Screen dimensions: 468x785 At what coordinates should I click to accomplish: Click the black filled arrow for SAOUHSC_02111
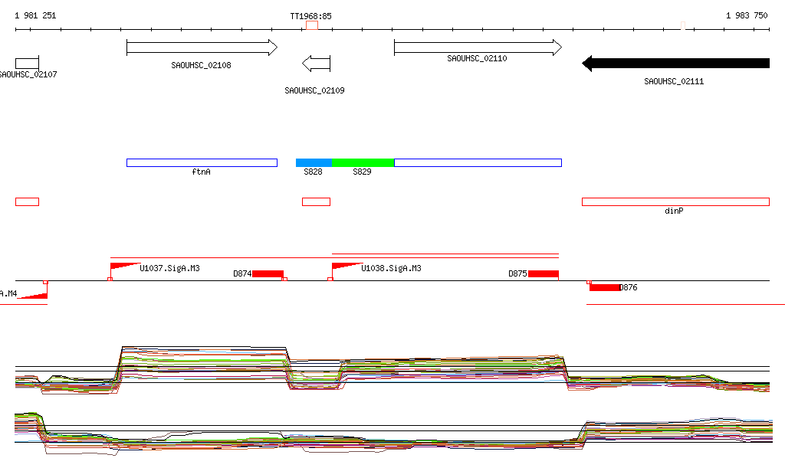tap(675, 63)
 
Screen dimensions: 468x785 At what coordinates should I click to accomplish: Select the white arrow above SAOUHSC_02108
tap(202, 47)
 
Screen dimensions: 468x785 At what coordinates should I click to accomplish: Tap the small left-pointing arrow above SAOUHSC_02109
tap(316, 63)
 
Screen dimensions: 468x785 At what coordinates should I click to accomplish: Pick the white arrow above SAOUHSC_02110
tap(478, 47)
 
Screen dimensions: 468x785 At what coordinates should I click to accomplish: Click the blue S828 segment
tap(314, 162)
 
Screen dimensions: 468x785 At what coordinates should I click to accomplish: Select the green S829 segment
tap(363, 162)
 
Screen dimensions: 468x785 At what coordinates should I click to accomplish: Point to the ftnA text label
tap(201, 172)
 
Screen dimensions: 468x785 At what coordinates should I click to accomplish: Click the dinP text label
tap(674, 211)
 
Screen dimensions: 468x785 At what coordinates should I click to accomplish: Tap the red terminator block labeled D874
tap(268, 274)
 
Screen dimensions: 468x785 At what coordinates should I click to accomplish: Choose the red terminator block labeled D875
tap(543, 274)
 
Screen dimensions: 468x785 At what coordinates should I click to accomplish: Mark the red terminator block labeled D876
tap(604, 287)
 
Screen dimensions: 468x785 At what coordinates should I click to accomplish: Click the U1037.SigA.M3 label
tap(169, 269)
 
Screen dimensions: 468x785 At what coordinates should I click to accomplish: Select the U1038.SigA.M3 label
tap(391, 269)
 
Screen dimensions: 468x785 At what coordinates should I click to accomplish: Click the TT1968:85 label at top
tap(310, 15)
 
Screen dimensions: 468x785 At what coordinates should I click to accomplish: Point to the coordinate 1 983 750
tap(747, 15)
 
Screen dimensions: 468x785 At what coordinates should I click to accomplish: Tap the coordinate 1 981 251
tap(35, 15)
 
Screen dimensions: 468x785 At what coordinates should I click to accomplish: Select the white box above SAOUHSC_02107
tap(27, 63)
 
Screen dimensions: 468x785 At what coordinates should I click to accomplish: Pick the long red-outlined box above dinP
tap(675, 201)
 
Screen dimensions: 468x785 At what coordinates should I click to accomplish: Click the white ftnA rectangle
tap(202, 162)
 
